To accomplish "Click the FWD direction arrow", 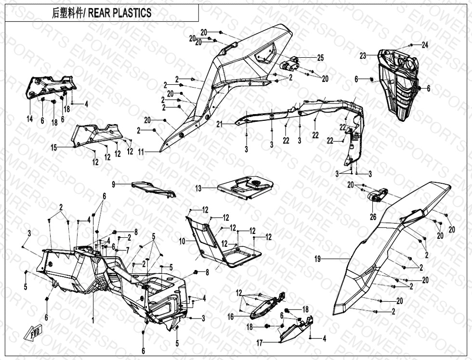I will click(30, 334).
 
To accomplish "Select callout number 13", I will click(198, 189).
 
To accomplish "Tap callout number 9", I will click(114, 184).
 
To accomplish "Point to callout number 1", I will click(93, 319).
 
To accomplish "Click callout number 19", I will click(317, 259).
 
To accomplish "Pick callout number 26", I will click(373, 217).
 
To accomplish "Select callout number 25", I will click(321, 58).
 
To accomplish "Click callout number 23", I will click(363, 56).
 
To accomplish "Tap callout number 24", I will click(425, 45).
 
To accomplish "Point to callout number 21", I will click(220, 124).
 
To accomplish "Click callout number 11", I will click(141, 152).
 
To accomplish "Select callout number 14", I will click(30, 119).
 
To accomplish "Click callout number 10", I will click(182, 240).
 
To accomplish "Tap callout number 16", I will click(231, 317).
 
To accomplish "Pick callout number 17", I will click(260, 343).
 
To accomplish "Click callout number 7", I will click(127, 250).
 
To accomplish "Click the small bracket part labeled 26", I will click(378, 194).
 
